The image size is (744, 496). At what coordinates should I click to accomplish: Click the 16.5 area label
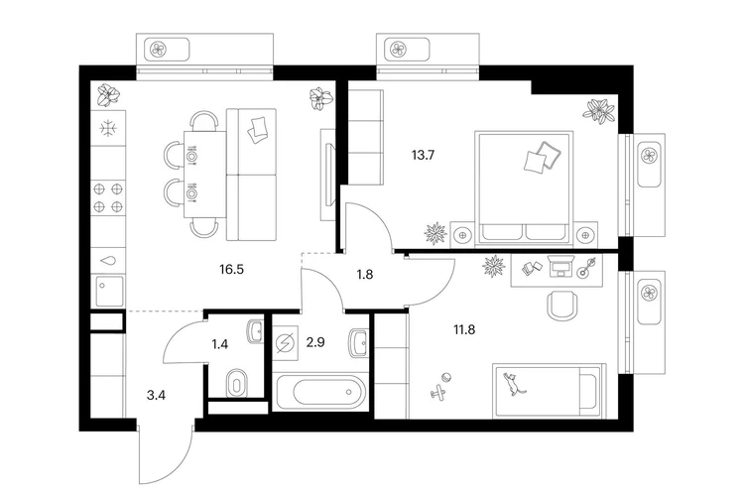[x=231, y=270]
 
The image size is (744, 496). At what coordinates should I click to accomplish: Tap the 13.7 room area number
[x=424, y=155]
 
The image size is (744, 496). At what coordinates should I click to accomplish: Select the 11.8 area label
[x=464, y=329]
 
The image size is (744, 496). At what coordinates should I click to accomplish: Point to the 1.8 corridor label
[x=365, y=275]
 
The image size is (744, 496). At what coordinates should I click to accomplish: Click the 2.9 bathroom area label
[x=315, y=341]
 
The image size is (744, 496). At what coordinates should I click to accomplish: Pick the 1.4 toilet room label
[x=220, y=343]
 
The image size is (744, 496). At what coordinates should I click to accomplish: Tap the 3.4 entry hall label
[x=156, y=395]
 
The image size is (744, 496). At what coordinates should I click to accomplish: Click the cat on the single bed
[x=514, y=384]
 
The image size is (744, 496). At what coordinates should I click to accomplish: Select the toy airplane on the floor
[x=438, y=392]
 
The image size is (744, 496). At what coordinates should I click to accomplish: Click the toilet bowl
[x=237, y=383]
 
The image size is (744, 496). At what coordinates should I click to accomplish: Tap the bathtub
[x=321, y=392]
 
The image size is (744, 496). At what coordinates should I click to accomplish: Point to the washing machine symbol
[x=286, y=342]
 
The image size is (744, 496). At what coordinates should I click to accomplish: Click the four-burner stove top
[x=108, y=197]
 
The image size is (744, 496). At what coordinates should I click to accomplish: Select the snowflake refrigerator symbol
[x=109, y=128]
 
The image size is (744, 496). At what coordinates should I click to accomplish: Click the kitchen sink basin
[x=110, y=291]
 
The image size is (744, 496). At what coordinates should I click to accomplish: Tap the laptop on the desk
[x=560, y=267]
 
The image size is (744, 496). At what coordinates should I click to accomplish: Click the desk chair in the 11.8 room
[x=562, y=305]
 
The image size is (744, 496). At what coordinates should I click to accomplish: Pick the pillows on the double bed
[x=543, y=156]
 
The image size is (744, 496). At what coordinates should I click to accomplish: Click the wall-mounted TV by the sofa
[x=329, y=175]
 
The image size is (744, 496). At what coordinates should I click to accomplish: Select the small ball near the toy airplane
[x=446, y=378]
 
